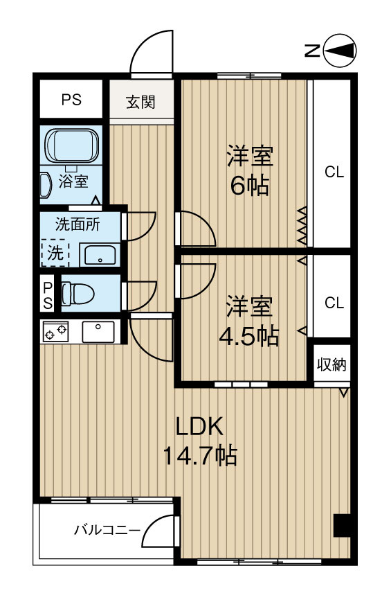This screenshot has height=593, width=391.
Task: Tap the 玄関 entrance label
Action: (140, 102)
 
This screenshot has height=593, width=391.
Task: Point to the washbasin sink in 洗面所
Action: (100, 254)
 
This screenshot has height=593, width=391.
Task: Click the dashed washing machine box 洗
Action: (55, 253)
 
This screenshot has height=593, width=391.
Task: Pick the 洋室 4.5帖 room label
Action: (248, 321)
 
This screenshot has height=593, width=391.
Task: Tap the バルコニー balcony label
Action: (106, 531)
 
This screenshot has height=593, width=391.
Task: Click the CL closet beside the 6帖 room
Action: (334, 172)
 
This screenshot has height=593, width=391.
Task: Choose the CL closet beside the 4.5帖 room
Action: (334, 303)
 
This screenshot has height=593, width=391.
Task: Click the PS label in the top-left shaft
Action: (71, 100)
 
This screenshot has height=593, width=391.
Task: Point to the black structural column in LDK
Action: (343, 525)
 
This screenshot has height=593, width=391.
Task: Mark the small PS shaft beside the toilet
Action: (47, 294)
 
